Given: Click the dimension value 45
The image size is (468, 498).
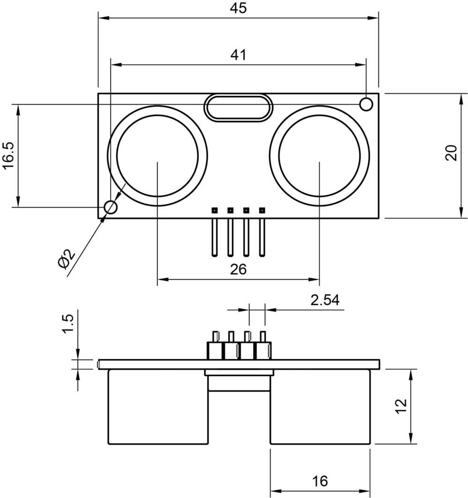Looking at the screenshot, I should coord(238,8).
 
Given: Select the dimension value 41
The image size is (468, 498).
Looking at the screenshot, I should coord(238,55).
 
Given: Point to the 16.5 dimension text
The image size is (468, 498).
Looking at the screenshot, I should coord(9,156).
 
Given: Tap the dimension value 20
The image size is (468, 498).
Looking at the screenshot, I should coord(451,153).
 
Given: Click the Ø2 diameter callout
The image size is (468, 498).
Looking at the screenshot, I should coord(66,259).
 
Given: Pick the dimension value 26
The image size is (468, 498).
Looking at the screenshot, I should coord(238,269).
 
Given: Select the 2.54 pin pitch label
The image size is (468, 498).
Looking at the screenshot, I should coord(325,300).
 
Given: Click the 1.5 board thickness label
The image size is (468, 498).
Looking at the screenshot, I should coord(68,324).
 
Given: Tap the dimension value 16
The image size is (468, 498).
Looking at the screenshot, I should coord(320,481).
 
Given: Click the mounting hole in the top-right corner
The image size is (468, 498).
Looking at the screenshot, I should coord(366,104).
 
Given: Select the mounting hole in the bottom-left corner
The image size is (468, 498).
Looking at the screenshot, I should coord(110,207).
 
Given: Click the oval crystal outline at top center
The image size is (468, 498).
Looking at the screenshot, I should coord(238,108).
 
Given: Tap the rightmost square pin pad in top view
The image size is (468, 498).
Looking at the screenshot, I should coord(262,210).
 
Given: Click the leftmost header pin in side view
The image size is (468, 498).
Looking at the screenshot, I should coord(215,337).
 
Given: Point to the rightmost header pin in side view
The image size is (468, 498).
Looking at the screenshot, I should coord(263,337).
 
